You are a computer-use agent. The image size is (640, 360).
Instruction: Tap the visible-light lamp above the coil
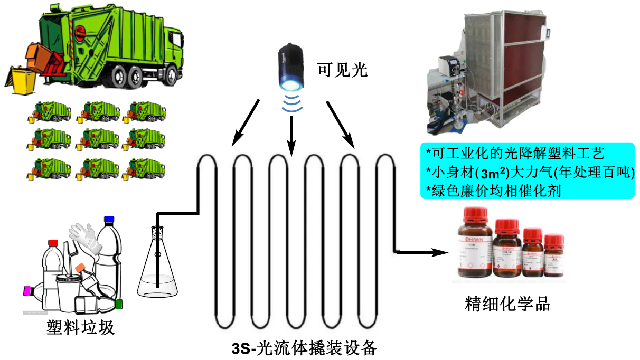tap(291, 69)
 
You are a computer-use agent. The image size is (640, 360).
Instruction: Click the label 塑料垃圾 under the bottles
tap(80, 328)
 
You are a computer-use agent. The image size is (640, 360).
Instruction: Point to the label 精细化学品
tap(507, 304)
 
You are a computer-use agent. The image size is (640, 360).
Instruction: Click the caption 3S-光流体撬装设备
tap(305, 348)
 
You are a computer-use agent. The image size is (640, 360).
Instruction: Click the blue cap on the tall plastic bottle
tap(109, 219)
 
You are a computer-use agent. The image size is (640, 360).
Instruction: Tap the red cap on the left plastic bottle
tap(53, 243)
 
